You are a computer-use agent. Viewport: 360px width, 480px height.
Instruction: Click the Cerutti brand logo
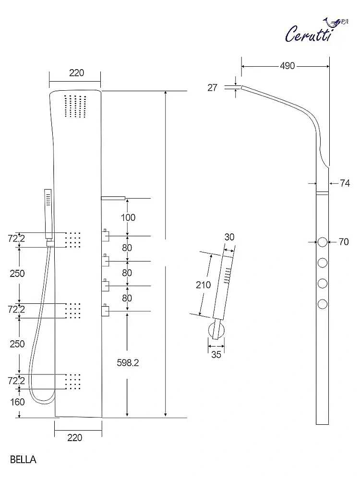tap(314, 31)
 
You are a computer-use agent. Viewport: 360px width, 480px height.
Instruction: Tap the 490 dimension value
tap(287, 66)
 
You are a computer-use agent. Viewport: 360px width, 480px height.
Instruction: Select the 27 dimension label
tap(213, 87)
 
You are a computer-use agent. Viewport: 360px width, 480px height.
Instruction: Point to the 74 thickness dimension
tap(345, 183)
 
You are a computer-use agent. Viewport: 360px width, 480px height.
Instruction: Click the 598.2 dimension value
tap(128, 363)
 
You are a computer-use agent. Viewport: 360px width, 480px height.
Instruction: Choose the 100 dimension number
tap(128, 217)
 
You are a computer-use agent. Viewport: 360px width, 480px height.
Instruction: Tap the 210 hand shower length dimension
tap(203, 285)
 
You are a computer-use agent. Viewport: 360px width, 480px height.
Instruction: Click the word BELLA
tap(23, 459)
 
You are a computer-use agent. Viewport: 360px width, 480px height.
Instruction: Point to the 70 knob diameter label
tap(344, 242)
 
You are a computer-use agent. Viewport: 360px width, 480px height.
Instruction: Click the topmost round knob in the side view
tap(323, 242)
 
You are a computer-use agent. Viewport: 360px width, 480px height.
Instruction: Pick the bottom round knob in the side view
tap(323, 303)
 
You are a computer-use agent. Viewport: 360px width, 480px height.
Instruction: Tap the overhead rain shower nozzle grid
tap(74, 106)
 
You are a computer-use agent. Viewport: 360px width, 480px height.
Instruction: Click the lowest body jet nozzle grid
tap(72, 382)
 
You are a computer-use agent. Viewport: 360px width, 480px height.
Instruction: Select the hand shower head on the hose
tap(48, 213)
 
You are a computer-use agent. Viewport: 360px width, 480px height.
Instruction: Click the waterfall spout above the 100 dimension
tap(113, 197)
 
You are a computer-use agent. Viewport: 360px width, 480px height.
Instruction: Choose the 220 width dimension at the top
tap(76, 73)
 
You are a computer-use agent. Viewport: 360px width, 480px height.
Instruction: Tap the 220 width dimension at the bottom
tap(75, 437)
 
